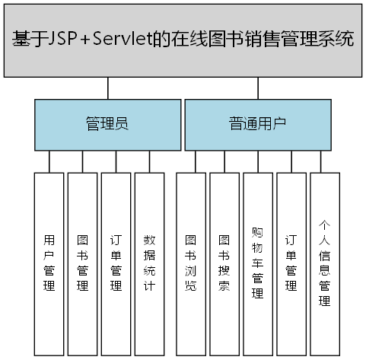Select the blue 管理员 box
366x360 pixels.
point(106,124)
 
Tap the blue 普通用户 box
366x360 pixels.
point(258,124)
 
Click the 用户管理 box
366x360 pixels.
point(49,263)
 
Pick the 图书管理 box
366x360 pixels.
point(83,263)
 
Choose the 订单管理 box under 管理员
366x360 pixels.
point(116,263)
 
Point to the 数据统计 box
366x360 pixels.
point(149,263)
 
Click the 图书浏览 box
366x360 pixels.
point(191,263)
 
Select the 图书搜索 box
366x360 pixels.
point(224,263)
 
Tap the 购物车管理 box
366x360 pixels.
point(258,263)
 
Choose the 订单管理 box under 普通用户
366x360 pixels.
point(291,263)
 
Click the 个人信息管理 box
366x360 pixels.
point(325,263)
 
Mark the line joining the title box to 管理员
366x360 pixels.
point(107,88)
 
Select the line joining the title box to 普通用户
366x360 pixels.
point(258,88)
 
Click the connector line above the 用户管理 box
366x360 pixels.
point(49,161)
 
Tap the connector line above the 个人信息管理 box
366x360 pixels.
point(325,161)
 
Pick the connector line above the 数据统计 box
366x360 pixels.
point(149,161)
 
